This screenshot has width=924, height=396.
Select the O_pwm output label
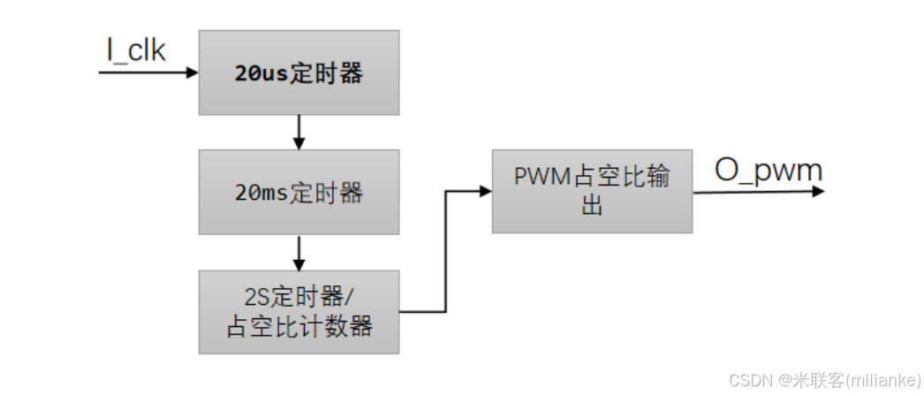(x=768, y=170)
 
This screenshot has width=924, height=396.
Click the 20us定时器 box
(x=299, y=72)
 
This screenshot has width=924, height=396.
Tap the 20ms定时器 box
(x=299, y=192)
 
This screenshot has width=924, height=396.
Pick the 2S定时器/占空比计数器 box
(x=299, y=312)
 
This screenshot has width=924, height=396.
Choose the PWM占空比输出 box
(x=592, y=191)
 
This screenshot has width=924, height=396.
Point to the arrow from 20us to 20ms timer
(x=299, y=132)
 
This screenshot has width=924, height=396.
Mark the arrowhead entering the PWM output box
(x=484, y=191)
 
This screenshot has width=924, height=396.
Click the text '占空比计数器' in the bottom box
(x=299, y=327)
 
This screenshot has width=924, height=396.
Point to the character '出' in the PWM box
(x=592, y=207)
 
